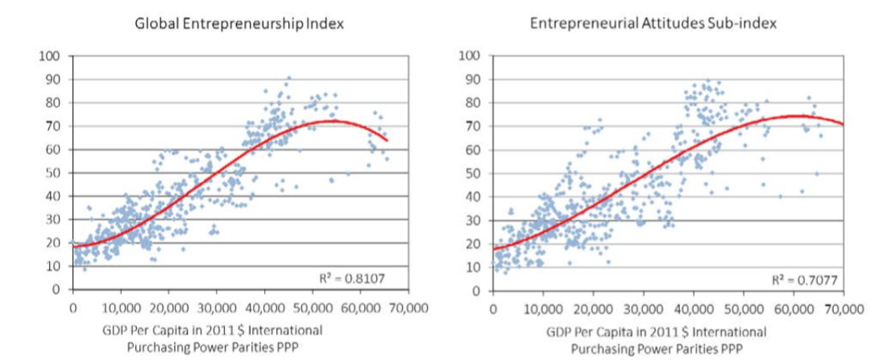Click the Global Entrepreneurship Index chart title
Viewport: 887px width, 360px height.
238,23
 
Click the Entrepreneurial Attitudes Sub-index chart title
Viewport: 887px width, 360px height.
653,23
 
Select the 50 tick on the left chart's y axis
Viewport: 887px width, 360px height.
54,173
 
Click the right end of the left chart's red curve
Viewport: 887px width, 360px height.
388,140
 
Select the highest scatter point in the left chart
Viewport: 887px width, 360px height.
289,78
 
